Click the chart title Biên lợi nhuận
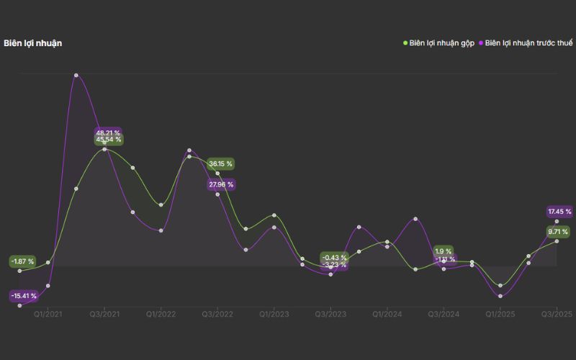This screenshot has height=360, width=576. pyautogui.click(x=32, y=43)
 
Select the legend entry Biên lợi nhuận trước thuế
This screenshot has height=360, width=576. pyautogui.click(x=528, y=43)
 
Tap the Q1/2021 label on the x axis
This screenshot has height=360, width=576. pyautogui.click(x=48, y=314)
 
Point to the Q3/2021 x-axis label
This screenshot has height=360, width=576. pyautogui.click(x=105, y=314)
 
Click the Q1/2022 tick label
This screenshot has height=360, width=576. pyautogui.click(x=161, y=314)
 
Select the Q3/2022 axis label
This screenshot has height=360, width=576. pyautogui.click(x=217, y=314)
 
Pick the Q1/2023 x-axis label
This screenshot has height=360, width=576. pyautogui.click(x=274, y=314)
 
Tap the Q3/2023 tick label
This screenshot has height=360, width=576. pyautogui.click(x=330, y=314)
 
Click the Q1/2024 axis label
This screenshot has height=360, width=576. pyautogui.click(x=387, y=314)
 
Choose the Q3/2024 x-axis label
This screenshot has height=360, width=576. pyautogui.click(x=444, y=314)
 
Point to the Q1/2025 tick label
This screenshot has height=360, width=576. pyautogui.click(x=500, y=314)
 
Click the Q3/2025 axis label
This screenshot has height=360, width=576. pyautogui.click(x=557, y=314)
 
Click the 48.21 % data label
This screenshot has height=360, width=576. pyautogui.click(x=108, y=132)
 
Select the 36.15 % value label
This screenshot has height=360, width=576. pyautogui.click(x=220, y=164)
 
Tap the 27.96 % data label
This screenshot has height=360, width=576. pyautogui.click(x=220, y=185)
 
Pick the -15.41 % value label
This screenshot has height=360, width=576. pyautogui.click(x=24, y=296)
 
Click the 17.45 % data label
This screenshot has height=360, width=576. pyautogui.click(x=559, y=212)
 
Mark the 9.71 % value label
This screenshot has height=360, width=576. pyautogui.click(x=558, y=232)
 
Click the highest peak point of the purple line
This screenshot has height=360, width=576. pyautogui.click(x=76, y=75)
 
